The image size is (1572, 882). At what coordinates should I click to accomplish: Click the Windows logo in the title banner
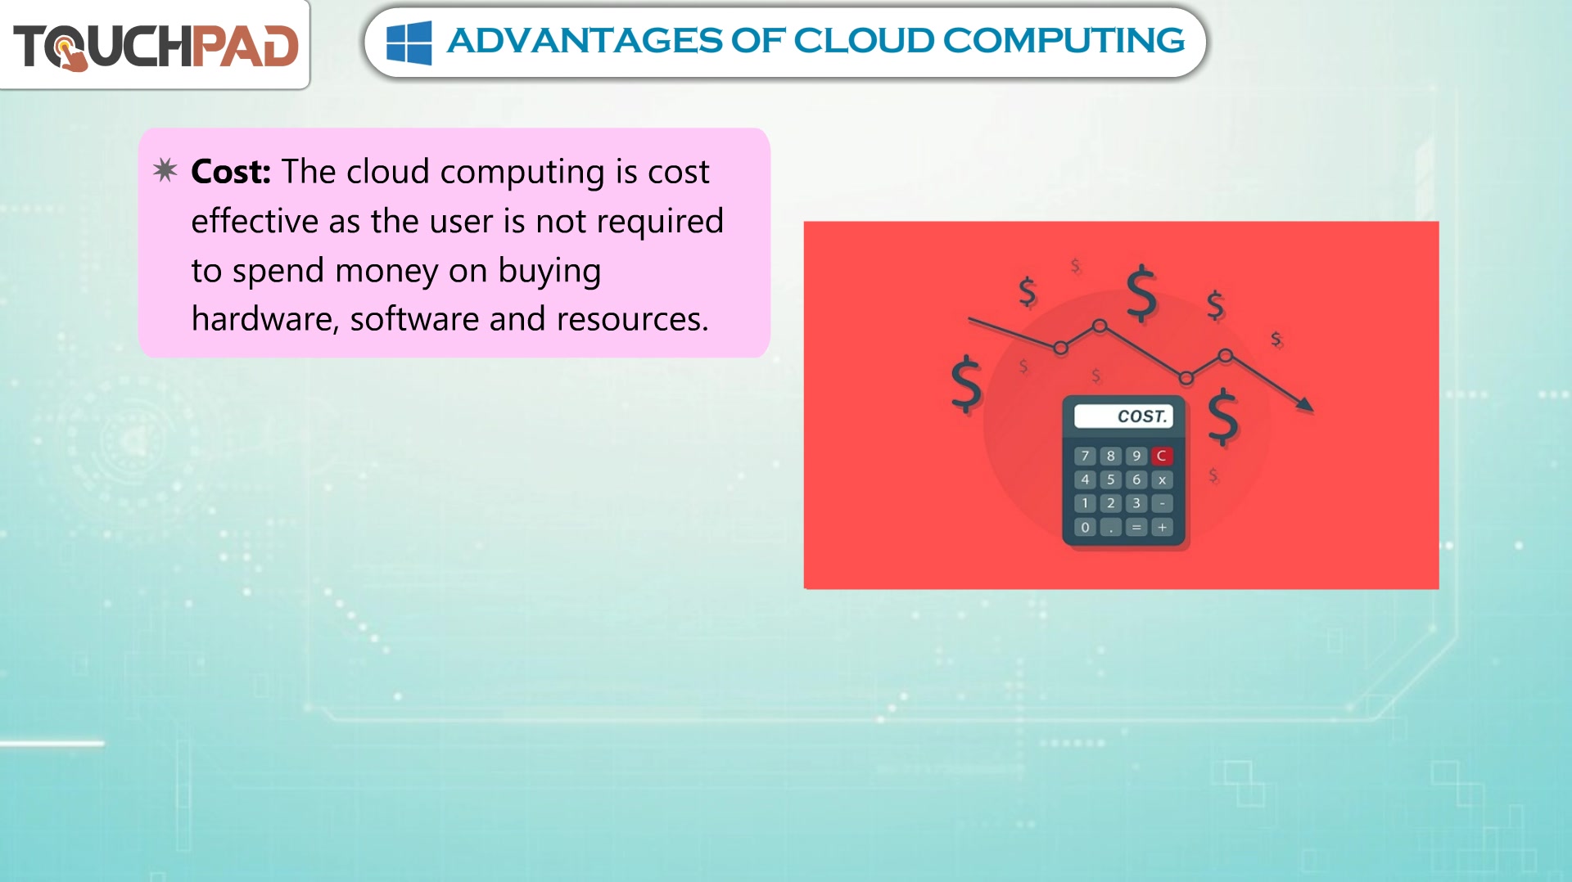click(409, 43)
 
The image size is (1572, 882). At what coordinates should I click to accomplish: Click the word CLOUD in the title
click(863, 41)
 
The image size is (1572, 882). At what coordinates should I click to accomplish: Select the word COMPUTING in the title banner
click(1064, 41)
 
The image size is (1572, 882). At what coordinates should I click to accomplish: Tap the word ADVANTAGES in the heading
click(585, 41)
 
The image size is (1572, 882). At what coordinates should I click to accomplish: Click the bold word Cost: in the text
click(231, 172)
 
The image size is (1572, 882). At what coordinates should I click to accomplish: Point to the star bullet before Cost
click(165, 169)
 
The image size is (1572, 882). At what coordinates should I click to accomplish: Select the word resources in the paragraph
click(632, 319)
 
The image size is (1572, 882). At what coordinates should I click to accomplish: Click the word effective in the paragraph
click(255, 221)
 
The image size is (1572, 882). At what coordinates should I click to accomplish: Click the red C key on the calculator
click(1161, 456)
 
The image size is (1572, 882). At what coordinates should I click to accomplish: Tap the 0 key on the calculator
click(1085, 528)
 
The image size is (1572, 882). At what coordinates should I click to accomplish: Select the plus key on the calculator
click(1162, 528)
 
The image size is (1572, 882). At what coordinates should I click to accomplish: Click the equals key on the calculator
click(1136, 528)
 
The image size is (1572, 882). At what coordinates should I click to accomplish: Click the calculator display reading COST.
click(1123, 416)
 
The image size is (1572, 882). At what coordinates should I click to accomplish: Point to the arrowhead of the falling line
click(1307, 404)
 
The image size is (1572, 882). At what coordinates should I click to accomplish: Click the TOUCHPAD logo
click(156, 46)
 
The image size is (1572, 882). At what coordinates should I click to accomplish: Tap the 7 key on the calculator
click(1085, 456)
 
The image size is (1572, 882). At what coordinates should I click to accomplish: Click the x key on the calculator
click(1162, 479)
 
